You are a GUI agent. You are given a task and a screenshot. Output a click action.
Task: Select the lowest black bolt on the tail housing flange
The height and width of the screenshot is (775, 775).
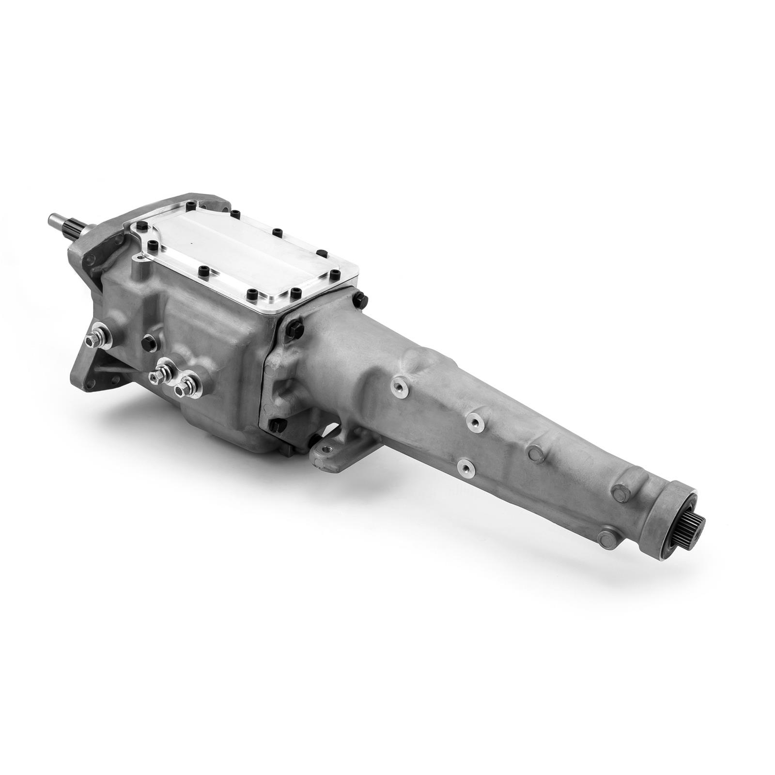276,426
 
